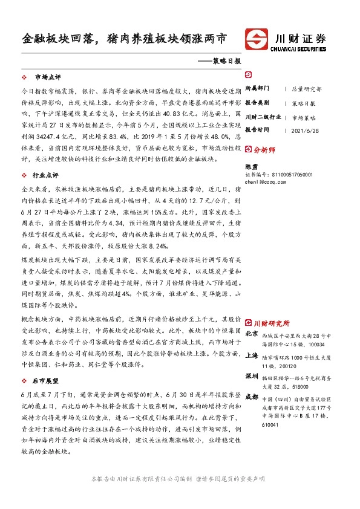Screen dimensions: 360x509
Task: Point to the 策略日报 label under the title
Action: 227,61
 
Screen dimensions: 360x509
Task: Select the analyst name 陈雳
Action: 250,165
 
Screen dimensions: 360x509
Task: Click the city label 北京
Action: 252,334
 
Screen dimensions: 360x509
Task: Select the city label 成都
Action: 252,398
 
